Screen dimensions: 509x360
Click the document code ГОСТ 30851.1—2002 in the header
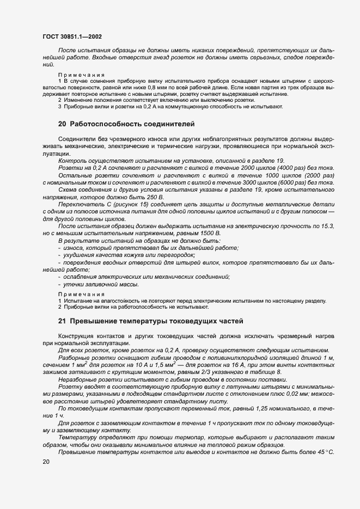(x=71, y=37)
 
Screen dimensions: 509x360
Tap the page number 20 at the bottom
(x=46, y=461)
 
